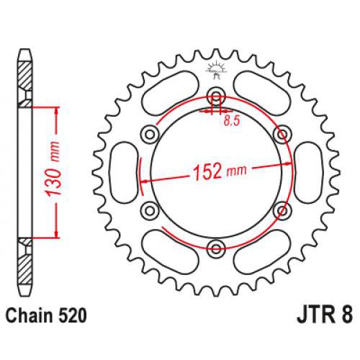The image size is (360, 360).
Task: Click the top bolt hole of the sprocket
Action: [x=215, y=99]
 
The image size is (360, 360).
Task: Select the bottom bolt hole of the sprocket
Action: [x=215, y=249]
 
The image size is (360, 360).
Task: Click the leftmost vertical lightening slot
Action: [x=125, y=173]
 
